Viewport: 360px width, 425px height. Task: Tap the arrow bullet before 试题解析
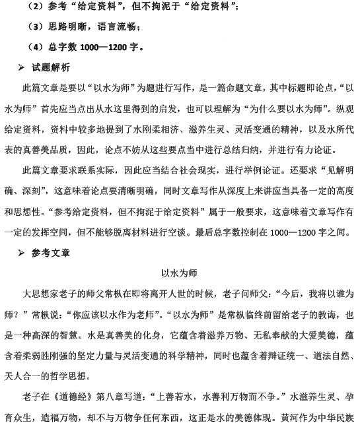(23, 68)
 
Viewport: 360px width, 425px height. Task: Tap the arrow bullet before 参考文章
(23, 253)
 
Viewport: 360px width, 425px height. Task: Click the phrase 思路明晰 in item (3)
(68, 27)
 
